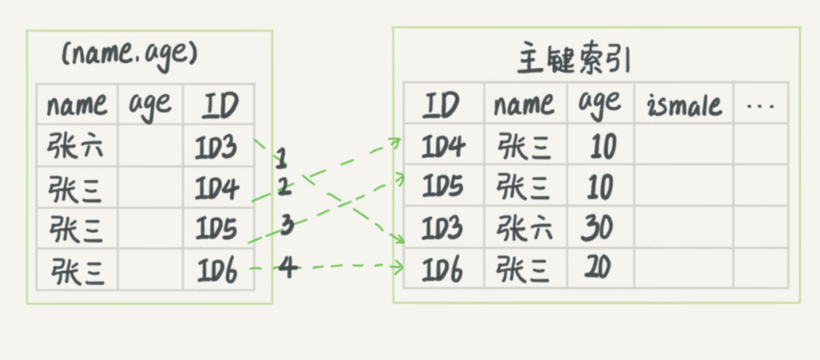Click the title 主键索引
(x=574, y=60)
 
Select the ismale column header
(x=683, y=105)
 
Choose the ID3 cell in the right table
(x=443, y=228)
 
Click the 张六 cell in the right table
(x=524, y=228)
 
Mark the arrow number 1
(x=281, y=159)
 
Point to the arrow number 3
(x=287, y=225)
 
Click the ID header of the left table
(x=218, y=105)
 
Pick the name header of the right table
(x=524, y=105)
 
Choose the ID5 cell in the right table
(x=443, y=187)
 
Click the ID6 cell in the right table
(x=443, y=268)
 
